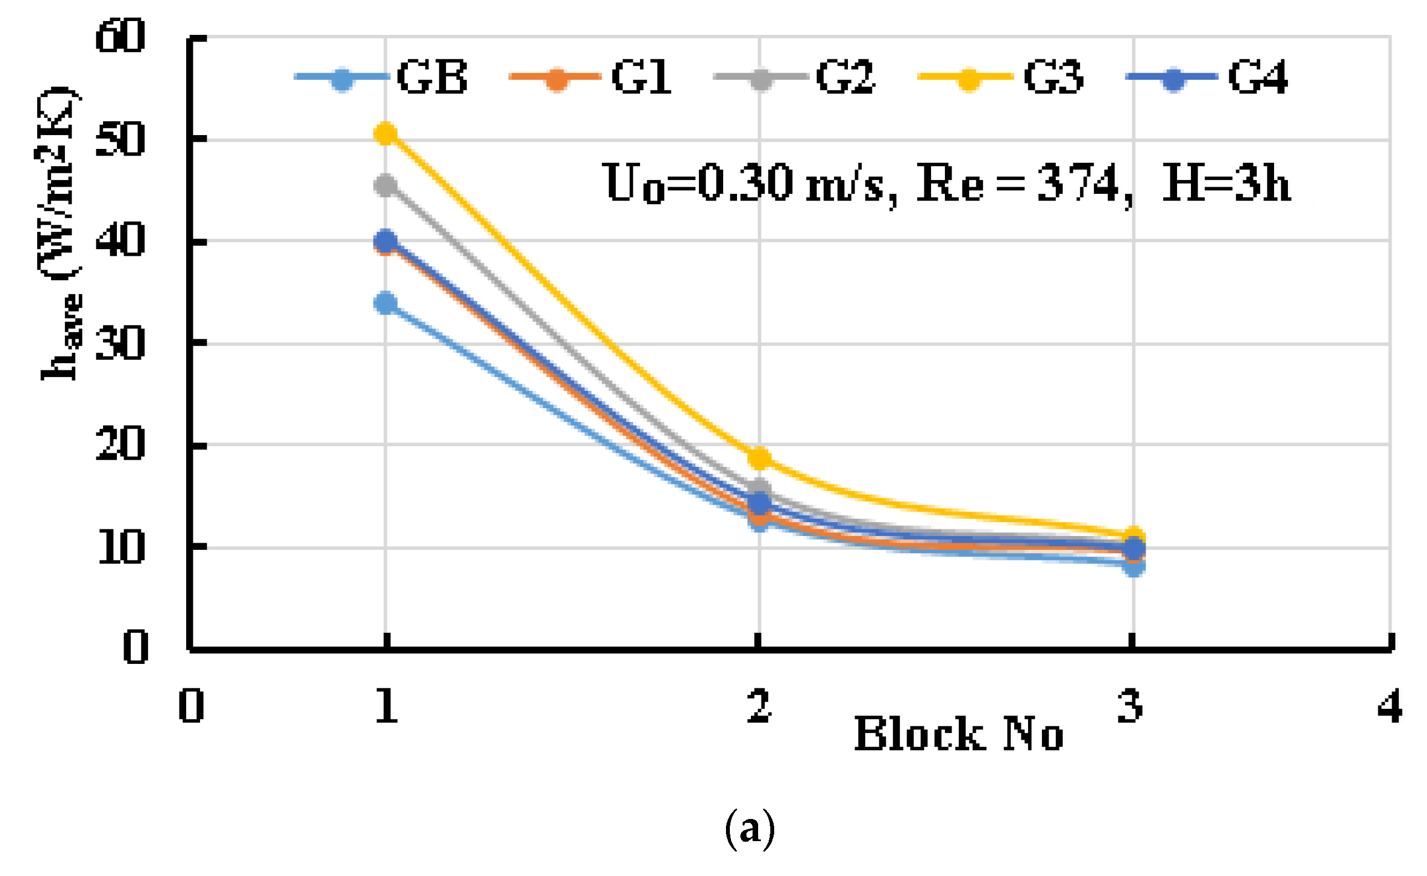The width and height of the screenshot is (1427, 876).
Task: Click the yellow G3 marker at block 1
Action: (386, 135)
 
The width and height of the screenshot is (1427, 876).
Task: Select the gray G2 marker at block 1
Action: (386, 187)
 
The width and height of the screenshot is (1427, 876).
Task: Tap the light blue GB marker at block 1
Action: (386, 303)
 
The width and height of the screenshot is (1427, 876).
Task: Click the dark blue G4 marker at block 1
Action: (386, 240)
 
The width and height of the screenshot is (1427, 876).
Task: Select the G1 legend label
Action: (641, 78)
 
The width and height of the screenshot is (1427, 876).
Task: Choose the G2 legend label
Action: (846, 78)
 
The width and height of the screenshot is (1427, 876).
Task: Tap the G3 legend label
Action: (1053, 78)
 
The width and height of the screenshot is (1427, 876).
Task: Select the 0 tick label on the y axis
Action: (135, 647)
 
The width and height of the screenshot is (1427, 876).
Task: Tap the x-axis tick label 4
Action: (1390, 706)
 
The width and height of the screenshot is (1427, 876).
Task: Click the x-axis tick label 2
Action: (759, 706)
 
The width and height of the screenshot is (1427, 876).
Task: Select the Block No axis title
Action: (959, 735)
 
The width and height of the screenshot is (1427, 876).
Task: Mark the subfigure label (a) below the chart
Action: (750, 829)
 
